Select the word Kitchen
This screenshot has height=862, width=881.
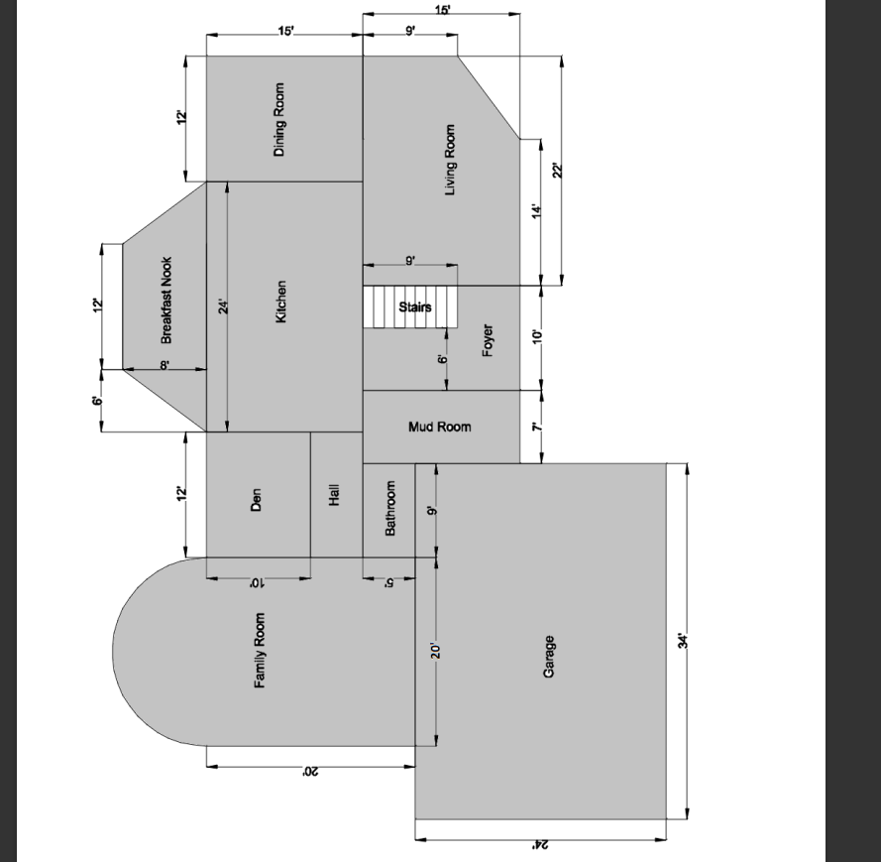[280, 301]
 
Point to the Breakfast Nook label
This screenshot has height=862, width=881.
[166, 301]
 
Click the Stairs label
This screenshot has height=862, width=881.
[415, 307]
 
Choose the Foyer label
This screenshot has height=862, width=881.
[488, 340]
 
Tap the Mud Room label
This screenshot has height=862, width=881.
[439, 427]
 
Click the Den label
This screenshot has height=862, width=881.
[256, 499]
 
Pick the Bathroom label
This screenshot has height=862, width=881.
[390, 510]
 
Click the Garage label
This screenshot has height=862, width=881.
[548, 658]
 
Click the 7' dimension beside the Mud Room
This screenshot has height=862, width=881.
[536, 427]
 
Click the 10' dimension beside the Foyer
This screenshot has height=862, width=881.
[537, 335]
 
